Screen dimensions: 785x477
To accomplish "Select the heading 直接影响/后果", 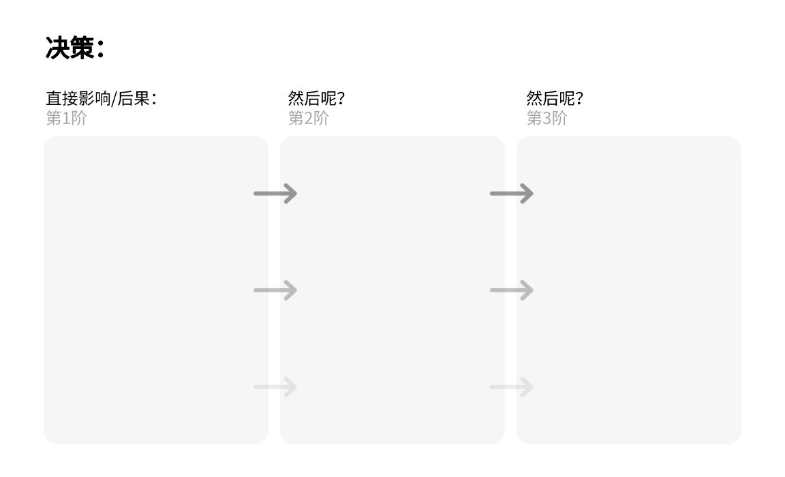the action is pos(98,98).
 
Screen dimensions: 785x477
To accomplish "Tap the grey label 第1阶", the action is pos(67,118).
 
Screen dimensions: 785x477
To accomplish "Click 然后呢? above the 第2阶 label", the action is pos(316,98).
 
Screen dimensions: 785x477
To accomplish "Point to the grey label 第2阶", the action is pos(309,118).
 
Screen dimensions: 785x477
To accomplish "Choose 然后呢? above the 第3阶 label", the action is pos(555,98).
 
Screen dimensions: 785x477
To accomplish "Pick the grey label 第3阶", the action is pos(547,118).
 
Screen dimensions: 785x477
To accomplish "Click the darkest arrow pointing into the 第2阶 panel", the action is pos(275,194).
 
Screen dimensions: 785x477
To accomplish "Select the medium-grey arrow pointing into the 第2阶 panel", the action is pos(275,290).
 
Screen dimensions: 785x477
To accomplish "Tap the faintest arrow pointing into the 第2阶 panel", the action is pos(275,386).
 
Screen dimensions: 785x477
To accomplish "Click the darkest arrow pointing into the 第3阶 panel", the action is pos(512,194).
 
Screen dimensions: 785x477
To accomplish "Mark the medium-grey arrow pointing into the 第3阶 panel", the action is pos(512,290).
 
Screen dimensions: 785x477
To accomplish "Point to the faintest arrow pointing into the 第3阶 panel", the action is pos(512,386).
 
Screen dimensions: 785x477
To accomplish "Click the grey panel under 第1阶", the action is pos(155,290).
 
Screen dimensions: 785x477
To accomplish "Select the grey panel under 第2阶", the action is pos(392,290).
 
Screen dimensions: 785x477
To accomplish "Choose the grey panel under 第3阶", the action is pos(629,290).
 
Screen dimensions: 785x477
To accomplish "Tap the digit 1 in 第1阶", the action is pos(66,119).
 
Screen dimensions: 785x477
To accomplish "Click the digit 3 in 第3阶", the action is pos(547,119).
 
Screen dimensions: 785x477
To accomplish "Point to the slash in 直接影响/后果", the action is pos(114,99).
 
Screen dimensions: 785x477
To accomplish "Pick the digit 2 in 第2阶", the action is pos(309,119).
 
